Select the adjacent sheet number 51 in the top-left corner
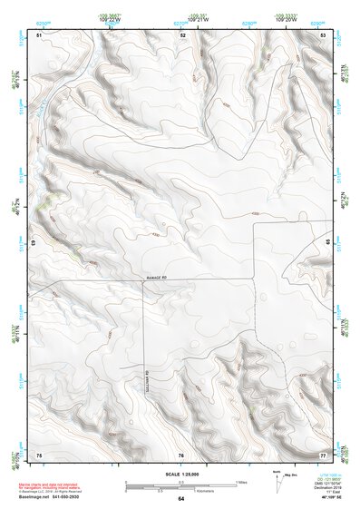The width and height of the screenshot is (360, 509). click(39, 34)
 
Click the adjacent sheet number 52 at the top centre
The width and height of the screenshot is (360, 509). click(182, 34)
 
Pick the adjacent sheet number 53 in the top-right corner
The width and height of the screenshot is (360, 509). click(323, 34)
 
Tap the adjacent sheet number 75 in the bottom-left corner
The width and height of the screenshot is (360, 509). click(39, 454)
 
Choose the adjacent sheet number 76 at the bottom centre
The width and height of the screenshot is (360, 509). click(181, 454)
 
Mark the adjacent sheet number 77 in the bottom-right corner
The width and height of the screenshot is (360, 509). click(323, 454)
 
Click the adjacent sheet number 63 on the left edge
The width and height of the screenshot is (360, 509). click(35, 244)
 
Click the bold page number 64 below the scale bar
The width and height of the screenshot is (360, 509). click(180, 499)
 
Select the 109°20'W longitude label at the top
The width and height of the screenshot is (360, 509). click(287, 19)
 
